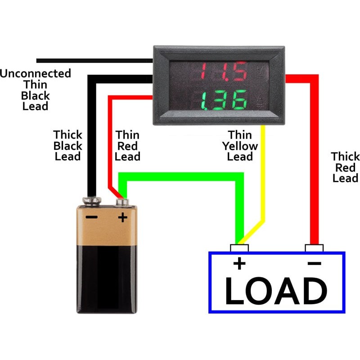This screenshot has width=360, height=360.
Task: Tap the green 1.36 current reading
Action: pos(223,100)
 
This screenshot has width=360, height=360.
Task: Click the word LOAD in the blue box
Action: pos(276,291)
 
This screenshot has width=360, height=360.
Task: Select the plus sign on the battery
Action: pos(122,218)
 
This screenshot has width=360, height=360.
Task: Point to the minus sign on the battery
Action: pos(92,217)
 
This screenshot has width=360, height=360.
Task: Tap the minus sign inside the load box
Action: pos(315,263)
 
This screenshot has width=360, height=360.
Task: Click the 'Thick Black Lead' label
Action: pos(68,146)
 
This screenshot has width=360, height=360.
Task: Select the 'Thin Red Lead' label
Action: pos(127,146)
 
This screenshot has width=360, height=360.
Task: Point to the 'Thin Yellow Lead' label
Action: pos(240,146)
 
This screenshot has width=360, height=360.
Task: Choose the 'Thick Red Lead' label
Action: pos(345,167)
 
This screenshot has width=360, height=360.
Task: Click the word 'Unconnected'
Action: pos(36,73)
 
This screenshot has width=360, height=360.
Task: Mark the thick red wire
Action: pos(314,157)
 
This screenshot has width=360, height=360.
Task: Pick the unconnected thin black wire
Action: pos(90,60)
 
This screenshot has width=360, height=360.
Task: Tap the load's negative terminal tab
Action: pos(314,248)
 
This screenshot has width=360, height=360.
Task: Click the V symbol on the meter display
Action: pos(260,71)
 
